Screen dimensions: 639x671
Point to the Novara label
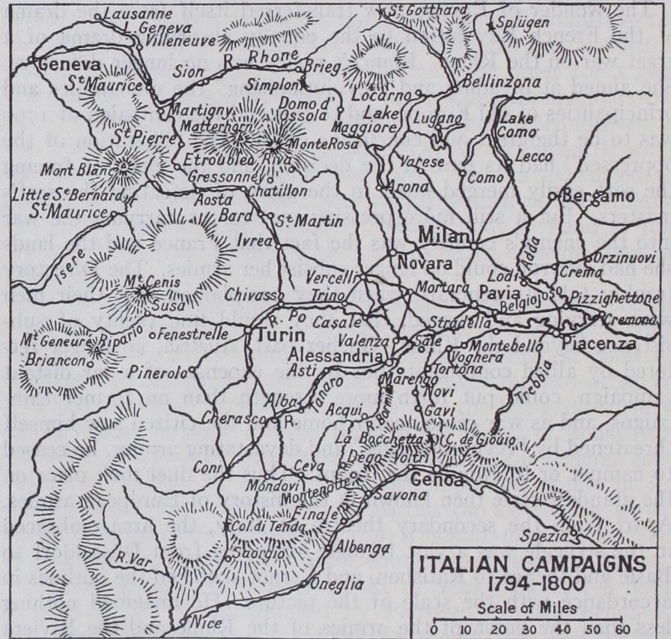pyautogui.click(x=424, y=264)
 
